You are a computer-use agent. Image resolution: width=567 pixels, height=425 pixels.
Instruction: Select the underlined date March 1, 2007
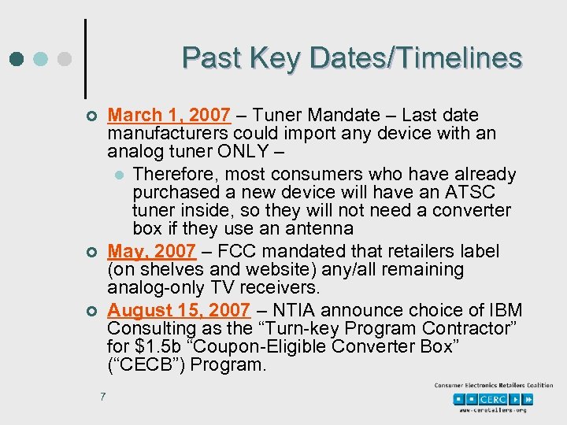pos(169,116)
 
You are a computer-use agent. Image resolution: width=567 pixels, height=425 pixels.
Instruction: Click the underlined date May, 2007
pos(151,251)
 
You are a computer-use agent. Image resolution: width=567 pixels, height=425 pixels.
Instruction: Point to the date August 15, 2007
pos(178,310)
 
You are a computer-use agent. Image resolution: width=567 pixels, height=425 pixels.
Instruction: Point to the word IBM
pos(505,310)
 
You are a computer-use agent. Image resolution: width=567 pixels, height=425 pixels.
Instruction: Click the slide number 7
pos(103,396)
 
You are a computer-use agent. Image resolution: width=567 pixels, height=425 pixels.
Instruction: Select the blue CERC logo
pos(495,399)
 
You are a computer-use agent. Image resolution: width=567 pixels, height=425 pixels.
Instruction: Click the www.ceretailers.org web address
pos(494,410)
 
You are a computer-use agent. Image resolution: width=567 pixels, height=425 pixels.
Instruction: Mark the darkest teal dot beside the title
pos(17,58)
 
